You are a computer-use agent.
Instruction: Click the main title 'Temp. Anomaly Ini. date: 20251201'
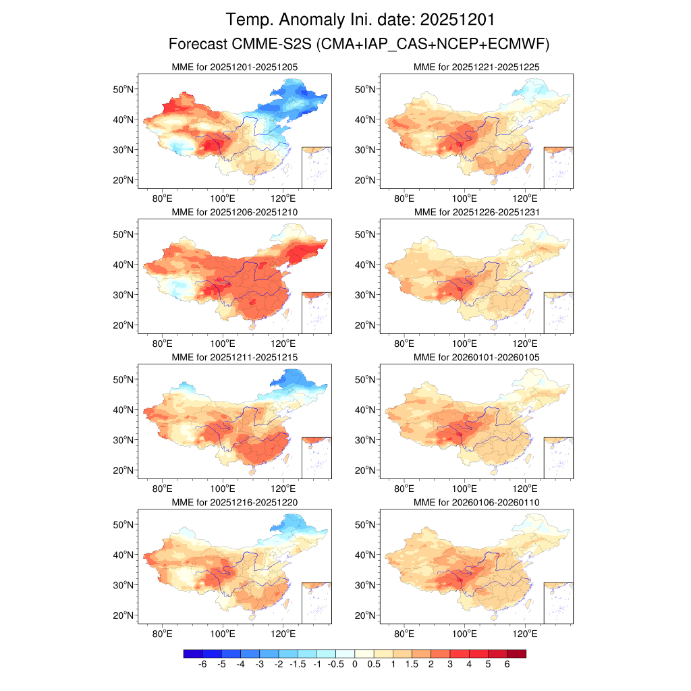pos(364,19)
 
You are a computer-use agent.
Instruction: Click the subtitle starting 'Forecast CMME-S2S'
pos(360,45)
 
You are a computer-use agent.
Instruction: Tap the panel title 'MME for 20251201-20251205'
pos(235,67)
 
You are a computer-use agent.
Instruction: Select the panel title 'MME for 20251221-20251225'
pos(476,67)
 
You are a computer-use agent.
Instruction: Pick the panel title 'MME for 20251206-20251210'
pos(235,212)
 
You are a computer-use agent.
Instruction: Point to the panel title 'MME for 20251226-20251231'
pos(476,212)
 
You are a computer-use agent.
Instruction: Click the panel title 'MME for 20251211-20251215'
pos(235,357)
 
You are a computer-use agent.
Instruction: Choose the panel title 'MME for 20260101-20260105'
pos(476,357)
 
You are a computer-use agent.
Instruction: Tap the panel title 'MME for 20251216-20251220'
pos(235,503)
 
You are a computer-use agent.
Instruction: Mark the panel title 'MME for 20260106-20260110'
pos(476,503)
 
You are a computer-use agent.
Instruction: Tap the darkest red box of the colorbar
pos(516,653)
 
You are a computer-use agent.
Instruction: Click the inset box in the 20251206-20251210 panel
pos(316,312)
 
